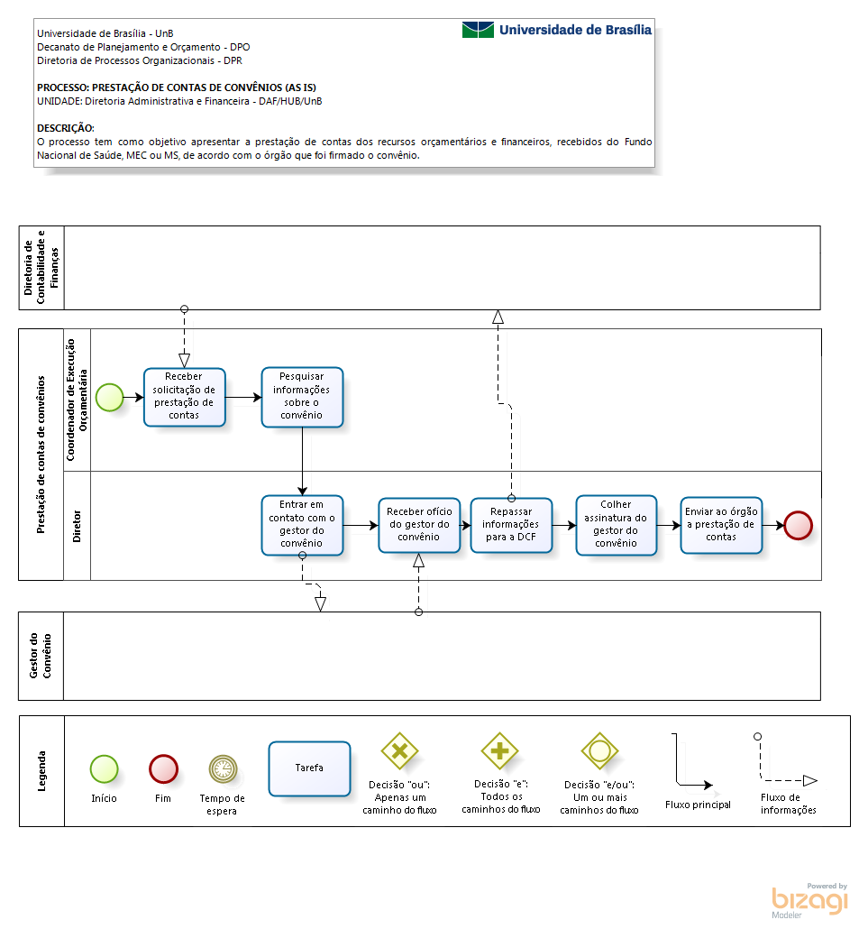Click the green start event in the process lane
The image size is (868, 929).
coord(110,397)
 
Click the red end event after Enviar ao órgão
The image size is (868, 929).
coord(798,525)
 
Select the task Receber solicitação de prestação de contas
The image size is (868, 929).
coord(184,397)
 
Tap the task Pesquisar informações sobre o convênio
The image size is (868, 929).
coord(302,397)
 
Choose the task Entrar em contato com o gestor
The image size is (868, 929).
coord(302,525)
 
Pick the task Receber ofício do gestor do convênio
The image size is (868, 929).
coord(419,525)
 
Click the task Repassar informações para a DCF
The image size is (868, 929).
coord(511,525)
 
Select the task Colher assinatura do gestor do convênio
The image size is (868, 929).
coord(616,525)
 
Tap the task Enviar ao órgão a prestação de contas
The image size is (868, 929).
coord(721,525)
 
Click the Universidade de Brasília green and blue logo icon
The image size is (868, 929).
coord(478,30)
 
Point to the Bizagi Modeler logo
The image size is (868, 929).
coord(810,900)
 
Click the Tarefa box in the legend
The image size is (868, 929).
coord(309,768)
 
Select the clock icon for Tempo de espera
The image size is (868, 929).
coord(223,769)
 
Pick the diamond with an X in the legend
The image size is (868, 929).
coord(399,750)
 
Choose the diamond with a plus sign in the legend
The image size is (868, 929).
coord(499,750)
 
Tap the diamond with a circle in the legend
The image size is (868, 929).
coord(599,750)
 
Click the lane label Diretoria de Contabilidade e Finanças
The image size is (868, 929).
coord(41,267)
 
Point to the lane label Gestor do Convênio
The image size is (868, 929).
coord(41,656)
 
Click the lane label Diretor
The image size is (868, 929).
coord(77,526)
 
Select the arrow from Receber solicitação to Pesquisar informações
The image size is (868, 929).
coord(243,397)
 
